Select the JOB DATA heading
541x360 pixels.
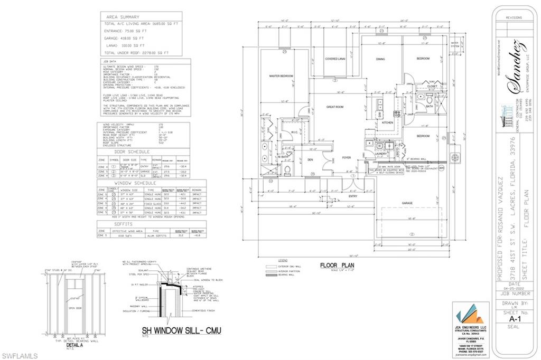(x=109, y=61)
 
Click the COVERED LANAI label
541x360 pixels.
(x=335, y=59)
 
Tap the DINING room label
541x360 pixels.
(x=380, y=59)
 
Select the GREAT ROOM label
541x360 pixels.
(x=335, y=107)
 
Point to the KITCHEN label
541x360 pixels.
(x=388, y=122)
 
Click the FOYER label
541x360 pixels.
(x=346, y=157)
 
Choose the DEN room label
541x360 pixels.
(x=311, y=160)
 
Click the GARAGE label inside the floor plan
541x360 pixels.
(x=407, y=203)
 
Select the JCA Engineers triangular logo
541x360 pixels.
(x=470, y=315)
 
